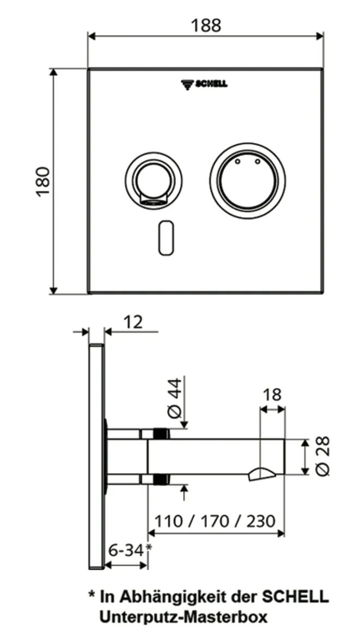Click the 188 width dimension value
click(x=206, y=25)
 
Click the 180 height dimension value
click(x=43, y=182)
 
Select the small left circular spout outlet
click(x=151, y=181)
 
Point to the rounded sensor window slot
click(x=166, y=237)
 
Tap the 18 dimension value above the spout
click(x=272, y=394)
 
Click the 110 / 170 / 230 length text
click(x=215, y=520)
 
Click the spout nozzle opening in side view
click(x=260, y=474)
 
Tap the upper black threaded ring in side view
click(x=160, y=434)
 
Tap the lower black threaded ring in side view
click(x=160, y=479)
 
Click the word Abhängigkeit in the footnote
click(x=173, y=597)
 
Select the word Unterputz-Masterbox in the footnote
click(x=183, y=617)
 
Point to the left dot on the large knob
click(x=237, y=162)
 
